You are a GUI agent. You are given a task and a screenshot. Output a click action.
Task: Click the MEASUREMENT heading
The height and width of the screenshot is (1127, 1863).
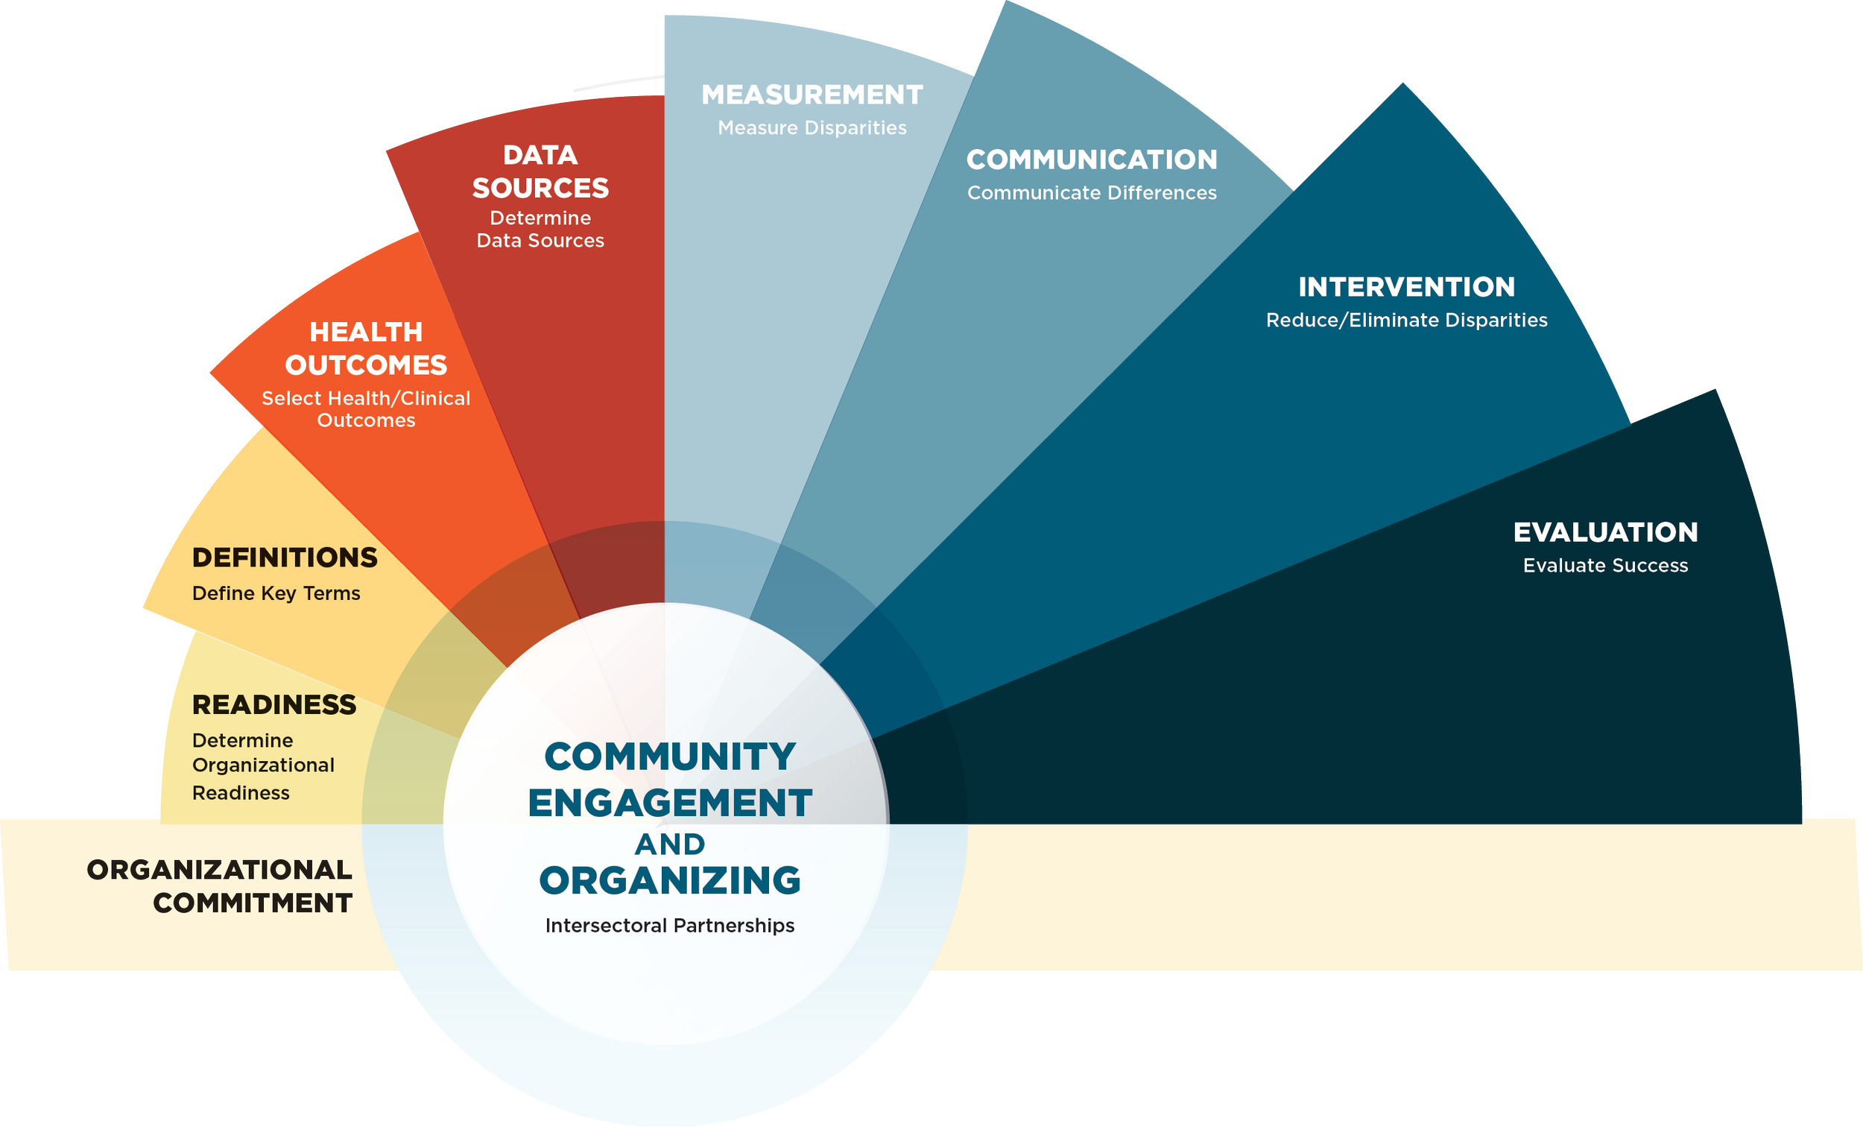[x=812, y=95]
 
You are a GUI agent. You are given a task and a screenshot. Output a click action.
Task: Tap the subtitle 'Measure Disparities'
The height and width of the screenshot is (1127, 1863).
[x=812, y=127]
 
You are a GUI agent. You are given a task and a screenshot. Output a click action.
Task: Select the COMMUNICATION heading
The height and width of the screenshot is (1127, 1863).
[x=1092, y=160]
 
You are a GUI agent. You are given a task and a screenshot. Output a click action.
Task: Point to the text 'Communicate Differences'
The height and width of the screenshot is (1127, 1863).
[x=1092, y=193]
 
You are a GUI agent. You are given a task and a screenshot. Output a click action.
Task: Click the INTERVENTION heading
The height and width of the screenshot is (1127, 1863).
[x=1406, y=287]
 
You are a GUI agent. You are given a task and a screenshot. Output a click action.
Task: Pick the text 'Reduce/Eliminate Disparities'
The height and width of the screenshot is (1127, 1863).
[x=1406, y=320]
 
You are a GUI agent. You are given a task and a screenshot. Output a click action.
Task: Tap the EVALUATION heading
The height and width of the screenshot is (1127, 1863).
[x=1605, y=532]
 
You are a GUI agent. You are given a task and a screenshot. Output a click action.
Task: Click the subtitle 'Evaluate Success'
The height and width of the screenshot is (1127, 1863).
[x=1605, y=566]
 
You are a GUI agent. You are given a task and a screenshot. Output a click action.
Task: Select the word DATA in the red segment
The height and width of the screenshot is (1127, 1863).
[x=540, y=155]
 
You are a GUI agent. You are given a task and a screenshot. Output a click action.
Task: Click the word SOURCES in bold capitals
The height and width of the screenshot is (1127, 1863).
[x=540, y=188]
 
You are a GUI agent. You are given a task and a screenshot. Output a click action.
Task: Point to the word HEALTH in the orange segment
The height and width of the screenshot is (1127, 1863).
[x=366, y=332]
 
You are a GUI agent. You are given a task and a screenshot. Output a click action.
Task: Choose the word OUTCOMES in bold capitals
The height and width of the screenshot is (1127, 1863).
[x=366, y=365]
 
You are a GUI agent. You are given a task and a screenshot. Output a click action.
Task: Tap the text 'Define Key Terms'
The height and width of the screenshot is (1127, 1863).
[x=276, y=593]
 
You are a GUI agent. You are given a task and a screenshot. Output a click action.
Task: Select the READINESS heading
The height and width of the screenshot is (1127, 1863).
[x=273, y=704]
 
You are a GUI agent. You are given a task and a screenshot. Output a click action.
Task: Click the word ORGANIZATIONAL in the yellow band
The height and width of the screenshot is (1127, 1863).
[x=219, y=870]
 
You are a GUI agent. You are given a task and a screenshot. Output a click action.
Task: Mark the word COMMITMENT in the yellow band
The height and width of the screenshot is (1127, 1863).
[x=253, y=903]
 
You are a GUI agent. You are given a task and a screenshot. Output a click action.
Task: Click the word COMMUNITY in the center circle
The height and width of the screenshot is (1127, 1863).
[x=670, y=757]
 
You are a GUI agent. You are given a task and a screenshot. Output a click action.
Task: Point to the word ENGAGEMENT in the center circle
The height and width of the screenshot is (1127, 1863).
[x=670, y=803]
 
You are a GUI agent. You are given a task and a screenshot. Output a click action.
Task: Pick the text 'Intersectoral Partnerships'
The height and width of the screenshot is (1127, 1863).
[x=670, y=926]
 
